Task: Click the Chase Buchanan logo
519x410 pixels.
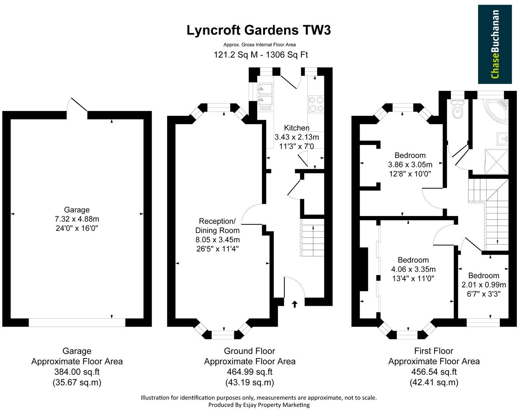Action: pyautogui.click(x=494, y=44)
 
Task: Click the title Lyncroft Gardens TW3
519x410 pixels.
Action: pyautogui.click(x=258, y=30)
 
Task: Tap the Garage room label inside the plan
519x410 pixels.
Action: pyautogui.click(x=76, y=210)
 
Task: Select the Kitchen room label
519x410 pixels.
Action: pyautogui.click(x=297, y=128)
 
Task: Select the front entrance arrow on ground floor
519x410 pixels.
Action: pyautogui.click(x=294, y=304)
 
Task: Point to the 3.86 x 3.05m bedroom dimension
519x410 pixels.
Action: pyautogui.click(x=410, y=165)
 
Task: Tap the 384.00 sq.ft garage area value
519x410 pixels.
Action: pyautogui.click(x=77, y=372)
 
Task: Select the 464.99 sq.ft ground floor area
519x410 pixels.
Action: pyautogui.click(x=249, y=372)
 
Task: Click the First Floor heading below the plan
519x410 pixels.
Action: pyautogui.click(x=434, y=351)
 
